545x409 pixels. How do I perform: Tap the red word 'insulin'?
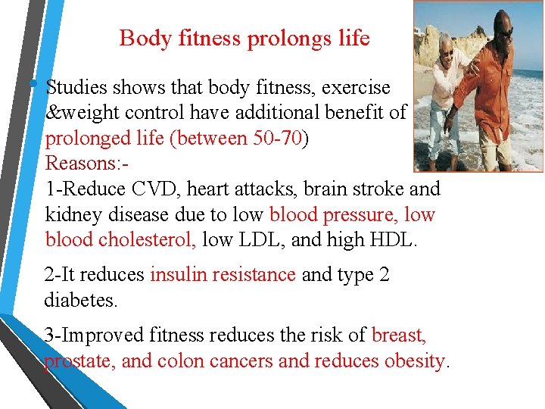point(177,274)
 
